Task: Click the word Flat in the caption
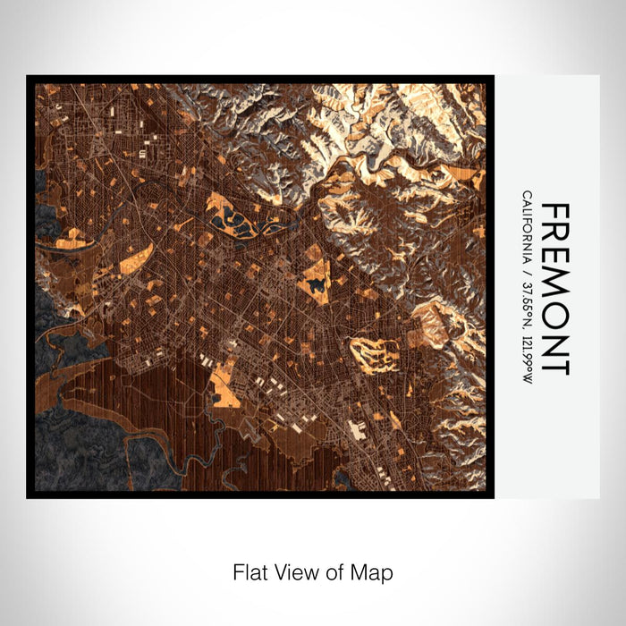coord(248,571)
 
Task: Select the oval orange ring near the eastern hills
coord(374,353)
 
